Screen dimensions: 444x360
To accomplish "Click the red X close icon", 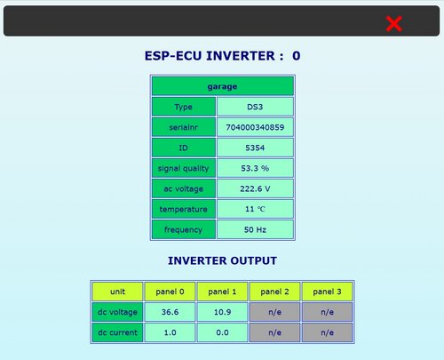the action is pos(394,24).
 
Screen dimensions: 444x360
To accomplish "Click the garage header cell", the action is pos(223,86).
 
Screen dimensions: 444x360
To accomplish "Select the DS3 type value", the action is pos(255,107).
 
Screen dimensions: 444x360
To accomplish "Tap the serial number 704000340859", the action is pos(255,127).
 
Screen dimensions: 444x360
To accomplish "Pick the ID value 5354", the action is pos(255,148).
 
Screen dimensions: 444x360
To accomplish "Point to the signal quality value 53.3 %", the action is pos(255,168).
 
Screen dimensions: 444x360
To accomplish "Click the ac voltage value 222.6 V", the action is pos(255,188).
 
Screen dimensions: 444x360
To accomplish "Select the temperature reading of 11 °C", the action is pos(255,209).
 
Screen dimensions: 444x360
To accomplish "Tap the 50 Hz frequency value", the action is pos(255,229).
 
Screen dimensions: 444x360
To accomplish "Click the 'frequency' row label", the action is pos(184,229).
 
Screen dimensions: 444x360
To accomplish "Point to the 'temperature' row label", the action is pos(184,209).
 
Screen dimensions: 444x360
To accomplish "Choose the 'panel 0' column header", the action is pos(170,292).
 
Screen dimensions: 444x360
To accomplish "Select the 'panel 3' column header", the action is pos(327,292).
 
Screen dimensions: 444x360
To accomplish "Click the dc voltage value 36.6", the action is pos(170,312).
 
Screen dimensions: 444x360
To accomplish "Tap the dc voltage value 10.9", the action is pos(222,312).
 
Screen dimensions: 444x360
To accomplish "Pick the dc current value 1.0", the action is pos(170,332).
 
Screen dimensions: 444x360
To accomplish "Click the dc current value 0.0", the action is pos(222,332).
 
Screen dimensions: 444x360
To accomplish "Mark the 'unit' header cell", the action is pos(117,292).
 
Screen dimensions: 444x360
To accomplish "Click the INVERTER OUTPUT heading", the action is pos(222,260).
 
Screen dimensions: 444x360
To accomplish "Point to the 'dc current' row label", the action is pos(117,332).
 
